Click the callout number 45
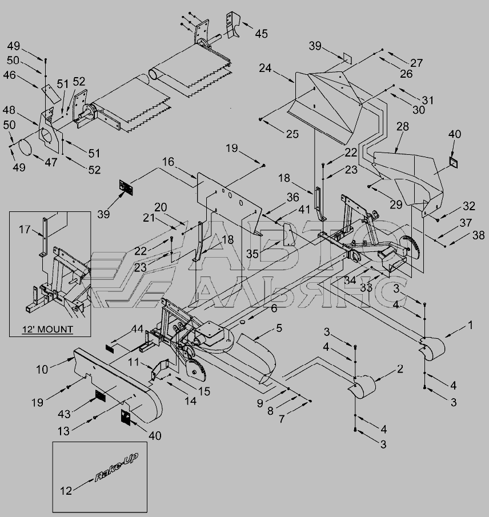coord(261,34)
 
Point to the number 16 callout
coord(167,162)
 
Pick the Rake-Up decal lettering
coord(117,468)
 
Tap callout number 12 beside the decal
coord(67,490)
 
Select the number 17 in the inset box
coord(23,229)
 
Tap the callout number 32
coord(469,206)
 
